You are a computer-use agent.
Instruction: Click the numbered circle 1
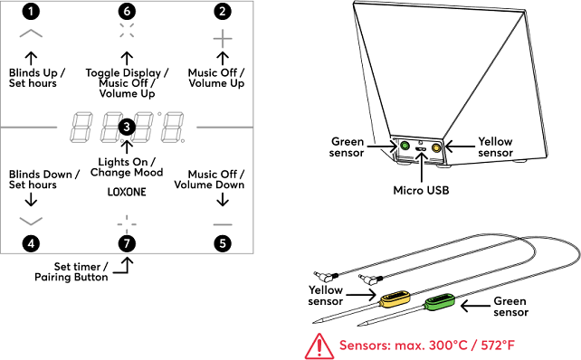(31, 12)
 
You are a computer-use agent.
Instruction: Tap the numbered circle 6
(127, 12)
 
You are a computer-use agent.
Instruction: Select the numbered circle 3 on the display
(127, 127)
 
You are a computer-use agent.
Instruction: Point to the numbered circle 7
(127, 243)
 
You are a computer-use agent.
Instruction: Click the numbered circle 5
(223, 243)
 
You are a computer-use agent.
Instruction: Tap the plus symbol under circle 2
(223, 39)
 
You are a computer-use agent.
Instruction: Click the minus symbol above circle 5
(223, 224)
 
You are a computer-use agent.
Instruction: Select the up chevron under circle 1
(31, 33)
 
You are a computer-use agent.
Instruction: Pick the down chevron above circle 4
(31, 221)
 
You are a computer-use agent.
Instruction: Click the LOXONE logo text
(127, 192)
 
